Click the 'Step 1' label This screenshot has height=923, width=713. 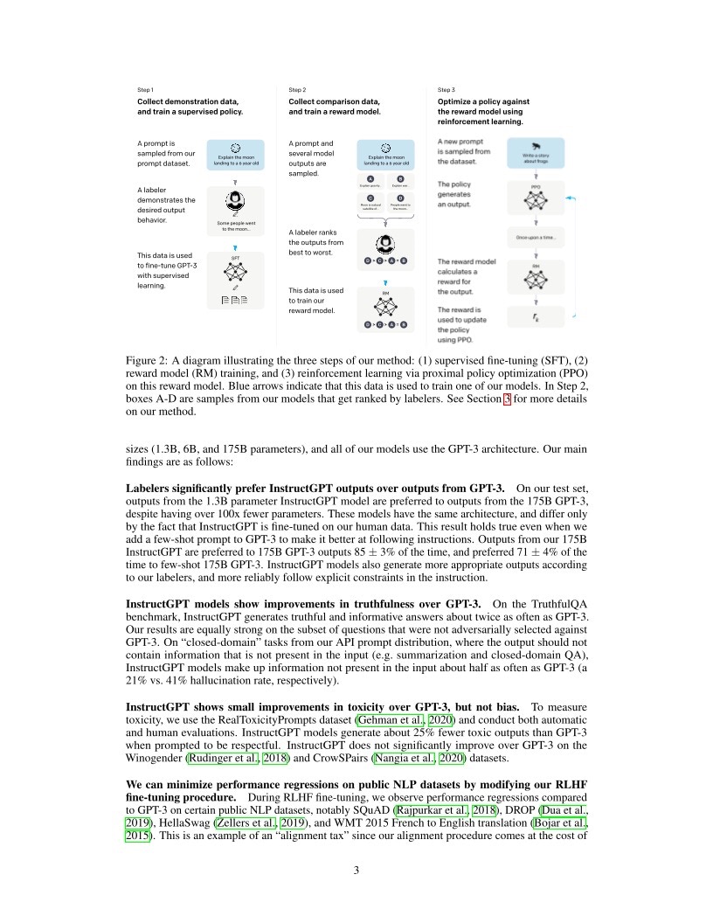coord(146,89)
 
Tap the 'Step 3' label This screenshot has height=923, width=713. coord(446,89)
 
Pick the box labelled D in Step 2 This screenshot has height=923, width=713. coord(401,202)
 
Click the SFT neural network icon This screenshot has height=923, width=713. coord(235,271)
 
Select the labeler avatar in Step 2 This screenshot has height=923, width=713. coord(385,246)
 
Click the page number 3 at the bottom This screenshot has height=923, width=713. coord(356,870)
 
